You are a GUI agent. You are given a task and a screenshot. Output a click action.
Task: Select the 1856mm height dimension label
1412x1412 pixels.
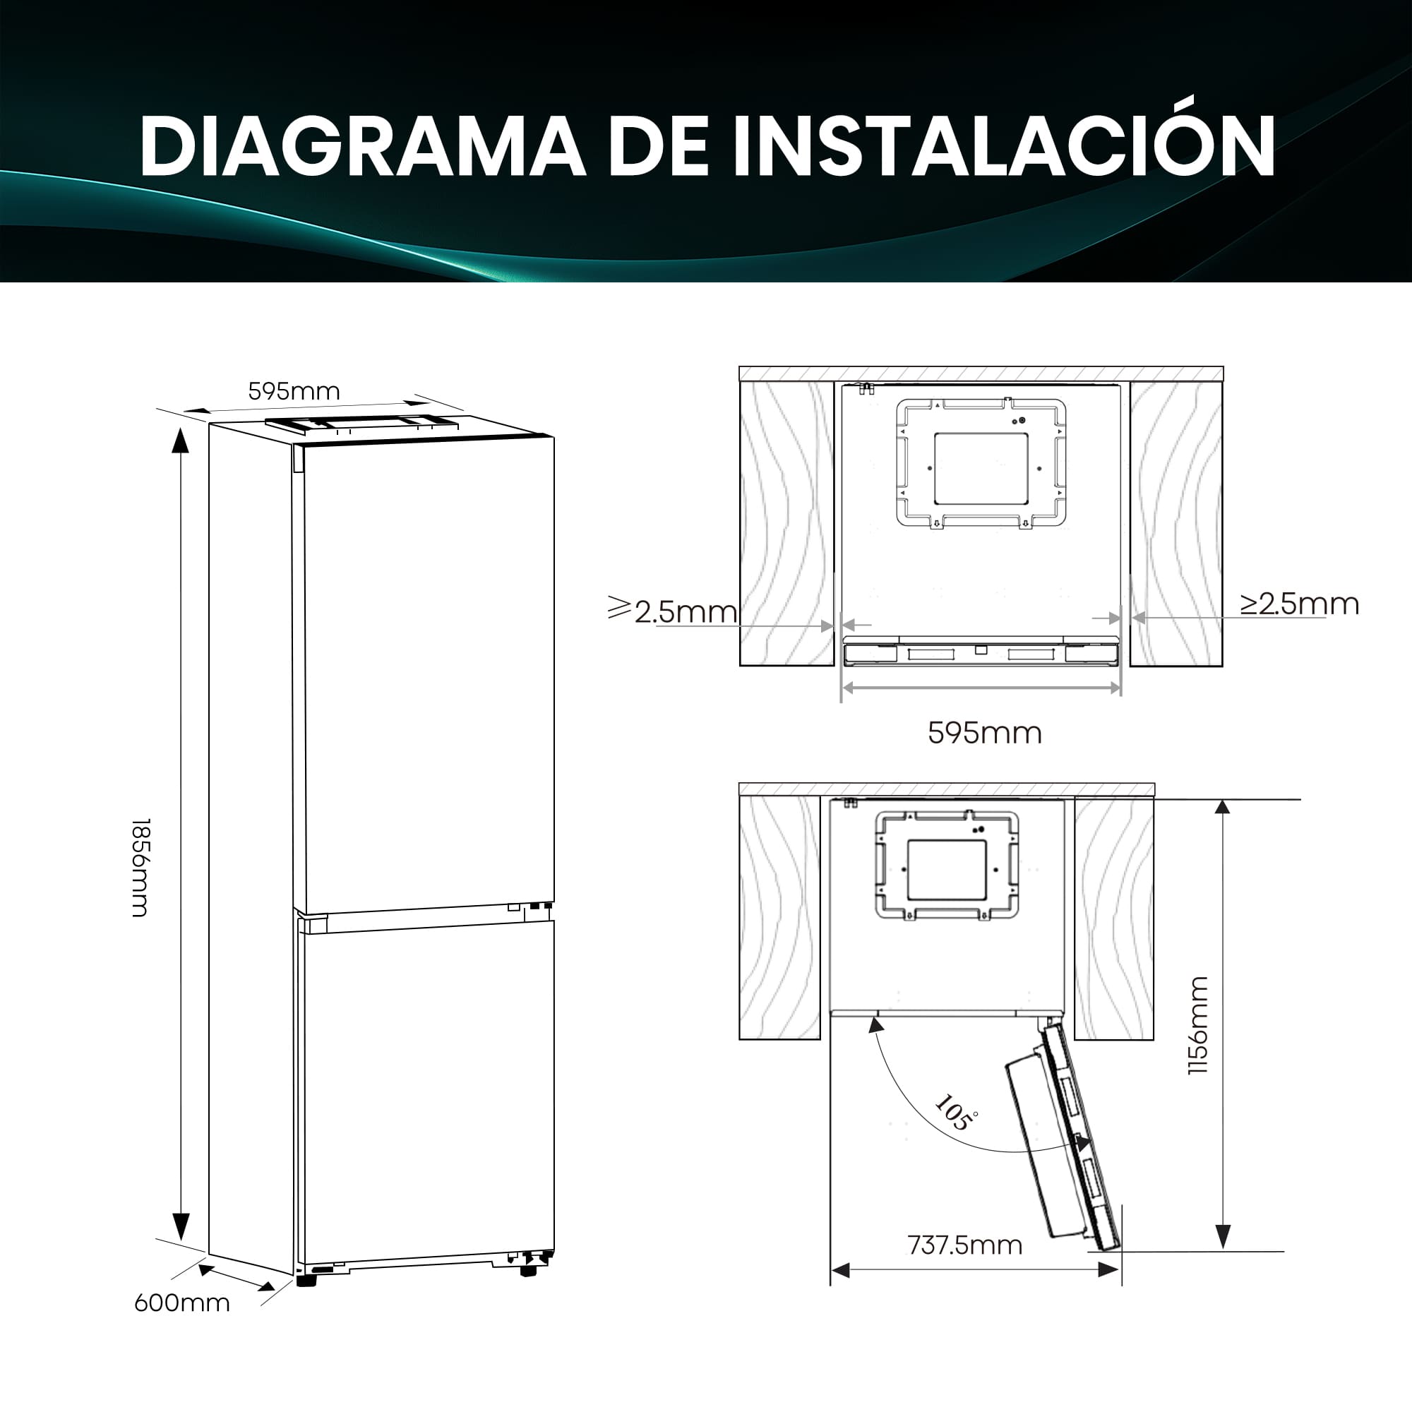pyautogui.click(x=140, y=867)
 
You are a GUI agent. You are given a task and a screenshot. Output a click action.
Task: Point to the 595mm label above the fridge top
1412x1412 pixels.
pyautogui.click(x=294, y=392)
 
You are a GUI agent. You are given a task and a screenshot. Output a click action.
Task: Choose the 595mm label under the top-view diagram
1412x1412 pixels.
pyautogui.click(x=984, y=733)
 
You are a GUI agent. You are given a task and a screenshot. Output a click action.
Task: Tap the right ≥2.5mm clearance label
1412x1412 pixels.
pyautogui.click(x=1300, y=604)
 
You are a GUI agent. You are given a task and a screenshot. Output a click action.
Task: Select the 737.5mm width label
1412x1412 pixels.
pyautogui.click(x=964, y=1245)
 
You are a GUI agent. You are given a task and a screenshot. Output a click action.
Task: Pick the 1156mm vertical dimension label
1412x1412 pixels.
pyautogui.click(x=1199, y=1025)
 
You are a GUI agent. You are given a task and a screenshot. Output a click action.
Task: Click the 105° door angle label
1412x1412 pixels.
pyautogui.click(x=956, y=1113)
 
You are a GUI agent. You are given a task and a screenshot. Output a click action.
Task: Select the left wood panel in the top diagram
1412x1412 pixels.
pyautogui.click(x=786, y=523)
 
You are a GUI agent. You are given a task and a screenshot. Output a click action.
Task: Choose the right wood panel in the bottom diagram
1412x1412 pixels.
pyautogui.click(x=1114, y=917)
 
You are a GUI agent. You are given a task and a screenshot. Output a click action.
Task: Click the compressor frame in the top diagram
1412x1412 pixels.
pyautogui.click(x=981, y=462)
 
